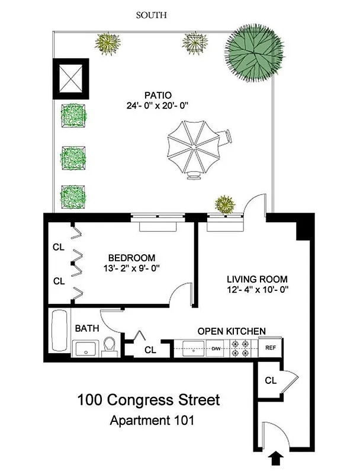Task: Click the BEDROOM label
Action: click(131, 258)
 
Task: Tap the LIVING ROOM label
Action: click(257, 278)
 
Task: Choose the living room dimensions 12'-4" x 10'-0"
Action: click(257, 290)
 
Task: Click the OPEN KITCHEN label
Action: click(231, 331)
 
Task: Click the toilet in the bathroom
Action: click(109, 347)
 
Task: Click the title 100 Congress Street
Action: click(149, 401)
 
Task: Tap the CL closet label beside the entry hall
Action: click(271, 379)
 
